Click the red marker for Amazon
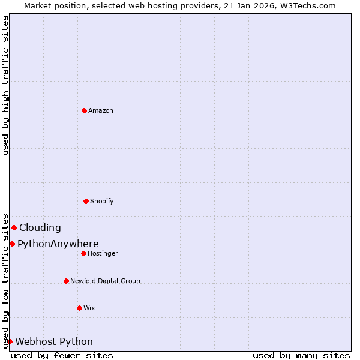(x=84, y=110)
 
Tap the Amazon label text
(x=101, y=110)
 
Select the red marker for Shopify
(x=86, y=201)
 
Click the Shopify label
(x=102, y=201)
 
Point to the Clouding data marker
(x=14, y=227)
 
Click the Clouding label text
(x=40, y=228)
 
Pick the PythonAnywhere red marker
(x=12, y=244)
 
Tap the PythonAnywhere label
(x=58, y=244)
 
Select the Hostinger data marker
(x=83, y=253)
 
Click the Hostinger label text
(x=103, y=253)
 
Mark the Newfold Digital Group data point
(x=66, y=281)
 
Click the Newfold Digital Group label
(x=105, y=281)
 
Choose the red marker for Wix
(x=79, y=308)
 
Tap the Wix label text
(x=89, y=308)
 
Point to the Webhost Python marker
(x=10, y=341)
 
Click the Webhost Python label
(x=54, y=342)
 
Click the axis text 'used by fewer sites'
(x=62, y=355)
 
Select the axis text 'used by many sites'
(x=301, y=355)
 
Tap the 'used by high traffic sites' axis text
(x=5, y=85)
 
